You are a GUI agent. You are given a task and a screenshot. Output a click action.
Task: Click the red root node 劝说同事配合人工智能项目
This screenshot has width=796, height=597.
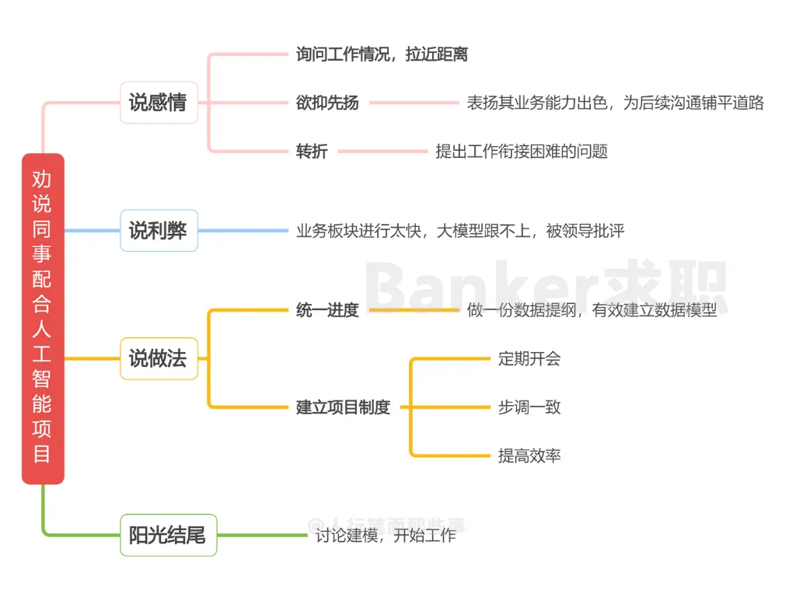point(43,319)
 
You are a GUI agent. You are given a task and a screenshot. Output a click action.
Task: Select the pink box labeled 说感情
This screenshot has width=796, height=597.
point(159,103)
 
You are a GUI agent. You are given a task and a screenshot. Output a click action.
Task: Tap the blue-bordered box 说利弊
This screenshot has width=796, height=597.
point(159,230)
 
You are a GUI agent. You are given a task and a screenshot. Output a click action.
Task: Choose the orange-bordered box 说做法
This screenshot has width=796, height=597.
point(159,358)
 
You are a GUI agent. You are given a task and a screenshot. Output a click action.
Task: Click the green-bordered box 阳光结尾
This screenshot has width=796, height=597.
point(168,535)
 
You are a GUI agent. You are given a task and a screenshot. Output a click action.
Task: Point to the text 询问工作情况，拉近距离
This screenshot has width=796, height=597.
point(382,54)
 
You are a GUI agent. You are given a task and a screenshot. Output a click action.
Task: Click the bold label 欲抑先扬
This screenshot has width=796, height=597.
point(327,103)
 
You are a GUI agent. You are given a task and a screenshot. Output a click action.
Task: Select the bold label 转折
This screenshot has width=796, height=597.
point(312,151)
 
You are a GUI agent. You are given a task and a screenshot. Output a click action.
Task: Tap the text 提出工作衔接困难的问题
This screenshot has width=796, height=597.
point(522,151)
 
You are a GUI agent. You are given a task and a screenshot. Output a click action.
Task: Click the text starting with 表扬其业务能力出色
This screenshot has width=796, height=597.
point(615,103)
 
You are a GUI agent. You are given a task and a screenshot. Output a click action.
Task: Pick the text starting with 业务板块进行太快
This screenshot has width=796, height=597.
point(460,230)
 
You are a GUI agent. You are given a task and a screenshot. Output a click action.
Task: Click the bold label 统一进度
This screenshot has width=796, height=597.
point(327,310)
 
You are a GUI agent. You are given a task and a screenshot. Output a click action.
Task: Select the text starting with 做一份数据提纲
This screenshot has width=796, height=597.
point(592,310)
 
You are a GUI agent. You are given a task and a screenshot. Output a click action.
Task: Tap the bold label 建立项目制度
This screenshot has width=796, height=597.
point(343,407)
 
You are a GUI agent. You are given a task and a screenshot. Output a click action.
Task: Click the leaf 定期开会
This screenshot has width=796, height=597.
point(529,358)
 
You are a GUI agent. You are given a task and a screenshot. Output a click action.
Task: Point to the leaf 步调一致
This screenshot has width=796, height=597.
point(529,407)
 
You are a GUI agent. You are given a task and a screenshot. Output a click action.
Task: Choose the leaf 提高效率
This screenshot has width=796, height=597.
point(529,455)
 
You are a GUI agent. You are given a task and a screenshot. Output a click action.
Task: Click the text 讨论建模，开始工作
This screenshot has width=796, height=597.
point(386,535)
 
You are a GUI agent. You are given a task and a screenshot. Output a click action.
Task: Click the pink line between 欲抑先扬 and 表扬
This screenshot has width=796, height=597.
point(414,103)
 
